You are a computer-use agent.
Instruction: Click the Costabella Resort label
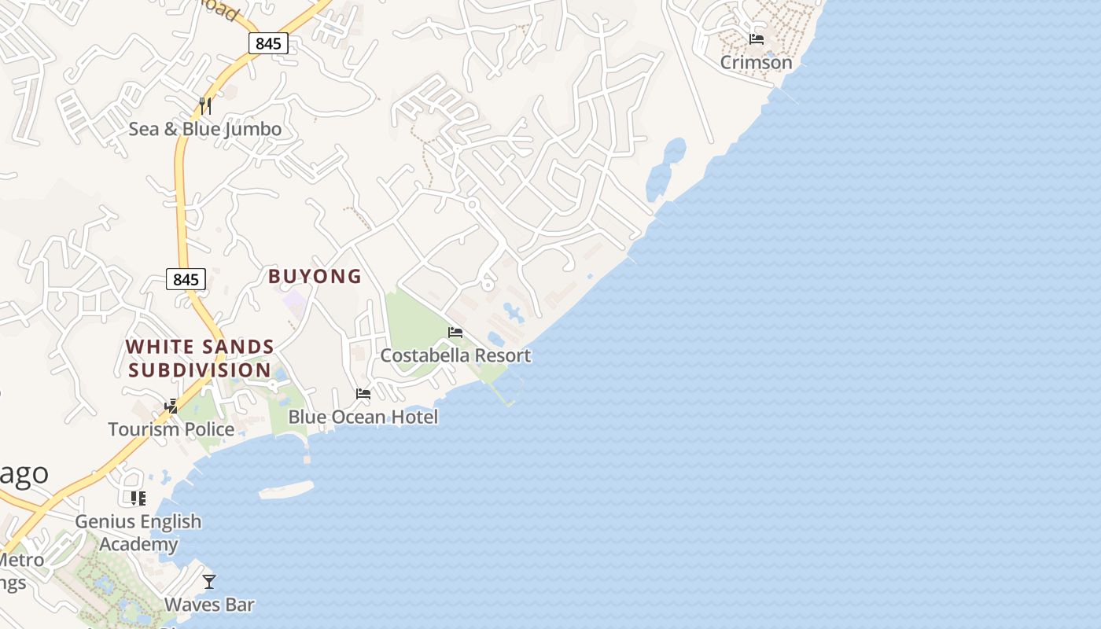455,355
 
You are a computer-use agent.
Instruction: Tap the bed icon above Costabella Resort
455,333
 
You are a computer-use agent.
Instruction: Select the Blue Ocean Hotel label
363,417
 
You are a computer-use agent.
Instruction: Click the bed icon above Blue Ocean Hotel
363,393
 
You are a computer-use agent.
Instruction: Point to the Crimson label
757,62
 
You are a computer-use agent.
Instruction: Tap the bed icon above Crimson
757,39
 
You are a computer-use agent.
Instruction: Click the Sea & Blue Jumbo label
204,129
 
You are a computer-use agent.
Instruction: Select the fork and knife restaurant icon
205,105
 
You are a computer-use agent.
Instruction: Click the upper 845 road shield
268,43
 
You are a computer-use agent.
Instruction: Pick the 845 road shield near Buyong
186,279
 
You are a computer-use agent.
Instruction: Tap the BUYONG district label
315,276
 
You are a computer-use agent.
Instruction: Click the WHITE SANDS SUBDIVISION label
200,358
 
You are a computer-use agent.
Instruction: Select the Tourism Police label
171,429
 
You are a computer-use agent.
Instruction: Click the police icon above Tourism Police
171,406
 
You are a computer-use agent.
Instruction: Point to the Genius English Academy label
138,532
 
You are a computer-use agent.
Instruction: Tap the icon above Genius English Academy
138,498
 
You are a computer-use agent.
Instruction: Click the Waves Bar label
209,605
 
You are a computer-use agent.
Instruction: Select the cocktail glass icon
209,582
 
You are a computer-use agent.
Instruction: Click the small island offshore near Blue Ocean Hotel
286,491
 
